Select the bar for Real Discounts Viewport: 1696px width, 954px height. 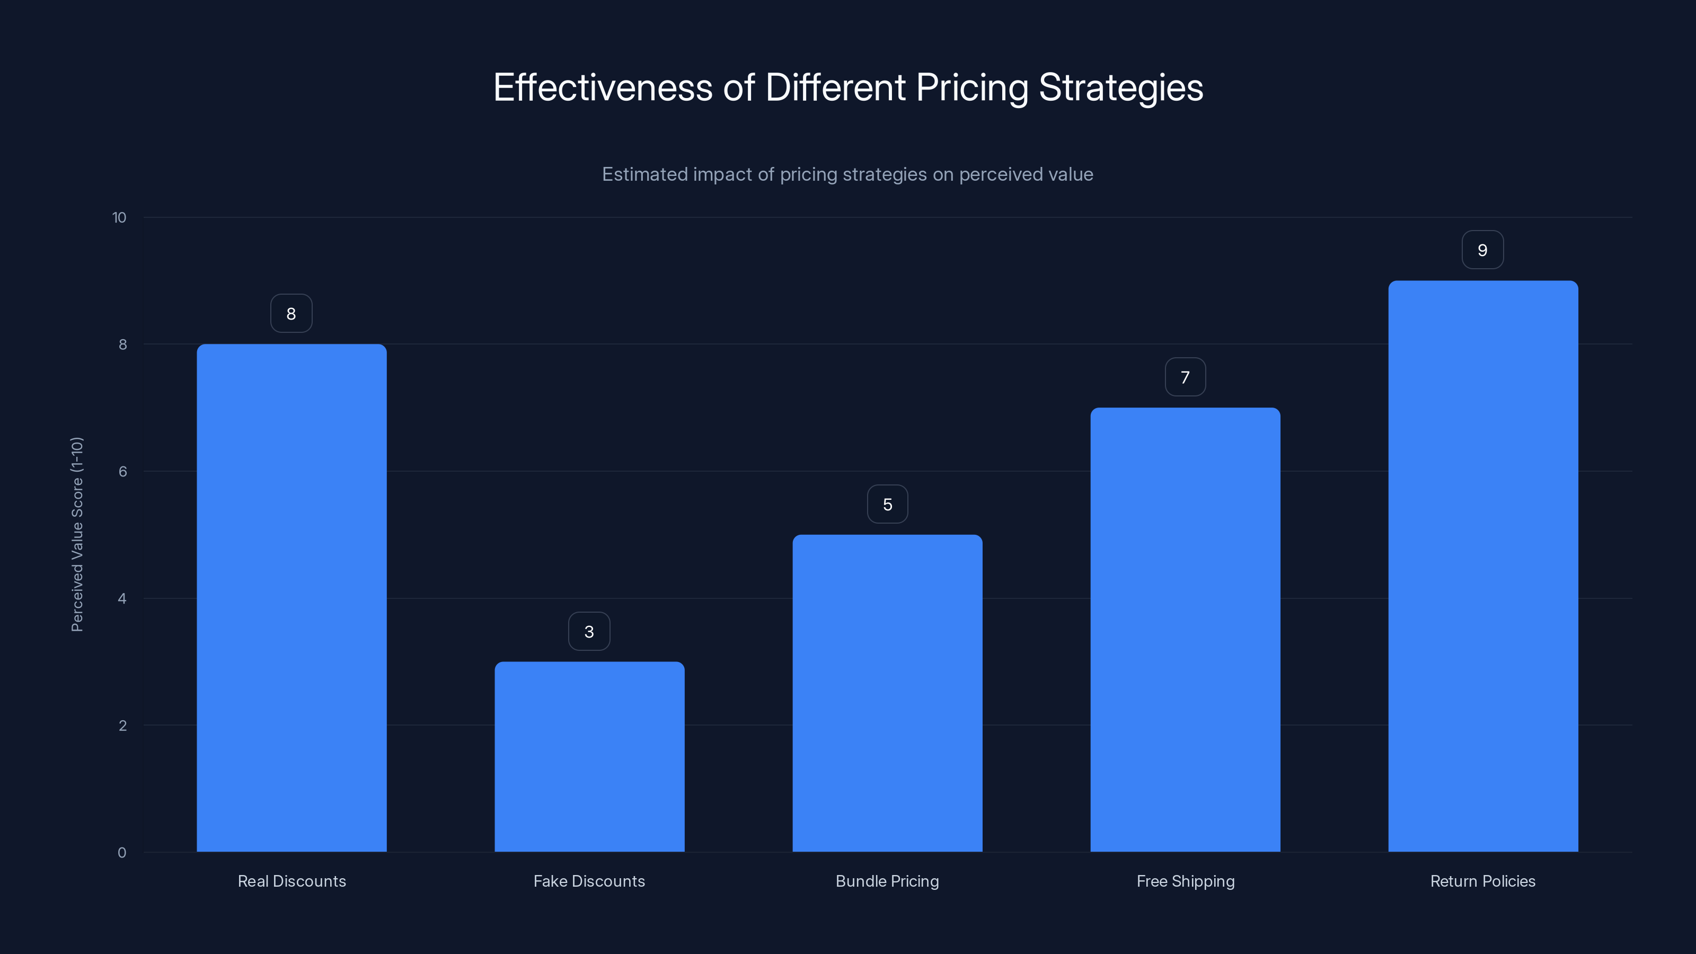coord(291,598)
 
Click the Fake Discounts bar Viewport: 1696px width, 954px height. coord(589,757)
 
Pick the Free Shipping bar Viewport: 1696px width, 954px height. coord(1185,630)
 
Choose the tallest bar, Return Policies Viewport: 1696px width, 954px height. coord(1483,566)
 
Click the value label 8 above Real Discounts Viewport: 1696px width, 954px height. coord(291,313)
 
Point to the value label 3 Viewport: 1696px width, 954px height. coord(589,631)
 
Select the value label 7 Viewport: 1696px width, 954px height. coord(1185,377)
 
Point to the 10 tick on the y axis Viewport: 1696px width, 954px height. coord(119,217)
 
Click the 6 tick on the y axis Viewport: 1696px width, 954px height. coord(122,471)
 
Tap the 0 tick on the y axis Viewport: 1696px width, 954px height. coord(122,853)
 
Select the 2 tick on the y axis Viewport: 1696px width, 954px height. coord(122,726)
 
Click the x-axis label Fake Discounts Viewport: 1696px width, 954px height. coord(589,881)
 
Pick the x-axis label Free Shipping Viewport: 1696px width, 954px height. coord(1185,881)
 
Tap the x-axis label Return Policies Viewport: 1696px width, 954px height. coord(1483,881)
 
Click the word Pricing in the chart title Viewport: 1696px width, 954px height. coord(972,87)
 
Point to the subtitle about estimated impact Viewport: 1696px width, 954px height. coord(847,174)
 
